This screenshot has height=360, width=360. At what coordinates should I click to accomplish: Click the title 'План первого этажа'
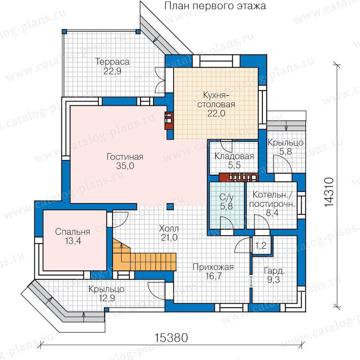(x=215, y=6)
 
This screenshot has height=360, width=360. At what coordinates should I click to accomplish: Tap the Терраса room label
(x=112, y=62)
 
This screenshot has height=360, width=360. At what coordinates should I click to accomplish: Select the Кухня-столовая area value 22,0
(x=216, y=114)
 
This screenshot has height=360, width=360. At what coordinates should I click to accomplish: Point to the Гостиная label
(x=125, y=157)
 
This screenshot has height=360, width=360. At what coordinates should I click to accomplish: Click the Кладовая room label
(x=234, y=156)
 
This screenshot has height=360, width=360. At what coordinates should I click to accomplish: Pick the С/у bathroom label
(x=226, y=197)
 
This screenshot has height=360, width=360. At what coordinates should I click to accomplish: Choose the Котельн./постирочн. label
(x=272, y=199)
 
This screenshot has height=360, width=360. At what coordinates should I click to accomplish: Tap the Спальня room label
(x=72, y=232)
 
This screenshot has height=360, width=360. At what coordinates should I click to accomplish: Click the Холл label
(x=169, y=228)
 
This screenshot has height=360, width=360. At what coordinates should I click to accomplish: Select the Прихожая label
(x=213, y=267)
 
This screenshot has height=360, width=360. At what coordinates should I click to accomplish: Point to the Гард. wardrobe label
(x=274, y=271)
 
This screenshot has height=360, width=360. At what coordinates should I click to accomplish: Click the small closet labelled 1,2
(x=260, y=246)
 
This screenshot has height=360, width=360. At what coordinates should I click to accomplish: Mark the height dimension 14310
(x=329, y=192)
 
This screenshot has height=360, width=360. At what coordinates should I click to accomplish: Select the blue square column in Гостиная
(x=170, y=206)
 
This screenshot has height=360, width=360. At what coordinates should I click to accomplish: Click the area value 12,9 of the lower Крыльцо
(x=107, y=298)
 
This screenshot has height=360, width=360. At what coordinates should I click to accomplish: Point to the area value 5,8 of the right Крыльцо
(x=286, y=152)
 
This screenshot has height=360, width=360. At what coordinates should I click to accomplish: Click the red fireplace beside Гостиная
(x=169, y=120)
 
